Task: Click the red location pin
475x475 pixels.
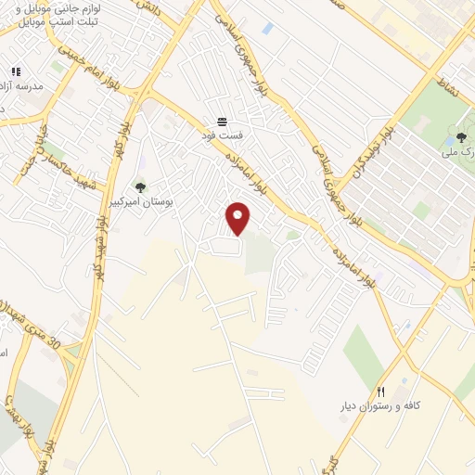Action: (x=238, y=218)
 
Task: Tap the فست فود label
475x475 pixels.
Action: (x=223, y=135)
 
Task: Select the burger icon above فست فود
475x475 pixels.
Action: (x=223, y=122)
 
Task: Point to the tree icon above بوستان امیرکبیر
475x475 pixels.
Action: (x=140, y=187)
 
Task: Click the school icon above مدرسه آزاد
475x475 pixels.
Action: (x=15, y=71)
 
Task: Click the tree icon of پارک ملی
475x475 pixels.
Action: (x=461, y=137)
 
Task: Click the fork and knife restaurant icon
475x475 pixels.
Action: (x=380, y=392)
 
